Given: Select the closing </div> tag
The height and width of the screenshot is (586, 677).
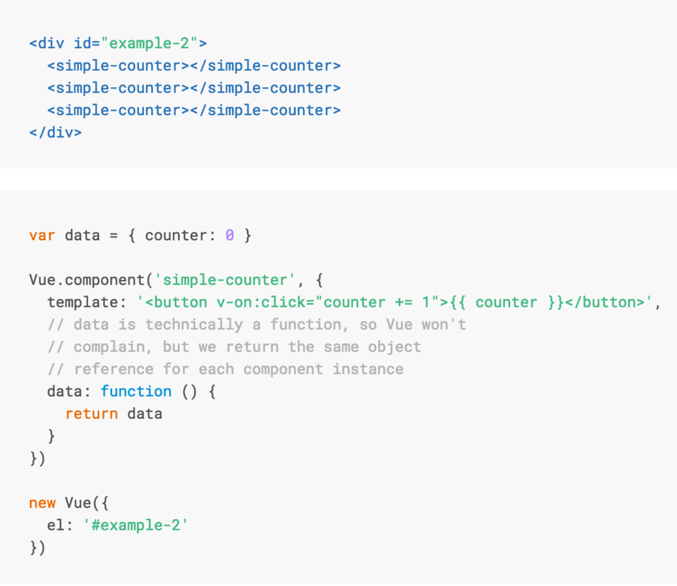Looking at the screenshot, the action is pyautogui.click(x=55, y=132).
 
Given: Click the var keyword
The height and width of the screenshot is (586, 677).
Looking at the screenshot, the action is pyautogui.click(x=42, y=235).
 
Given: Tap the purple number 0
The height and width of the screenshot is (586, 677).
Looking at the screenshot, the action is pyautogui.click(x=229, y=235).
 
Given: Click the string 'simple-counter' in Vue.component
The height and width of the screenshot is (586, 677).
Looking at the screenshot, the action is pyautogui.click(x=225, y=280).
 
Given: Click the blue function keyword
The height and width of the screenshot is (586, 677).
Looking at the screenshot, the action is pyautogui.click(x=136, y=391).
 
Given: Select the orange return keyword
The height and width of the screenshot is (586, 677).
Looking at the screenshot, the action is pyautogui.click(x=91, y=413).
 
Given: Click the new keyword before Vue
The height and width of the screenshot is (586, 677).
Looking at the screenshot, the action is pyautogui.click(x=42, y=503).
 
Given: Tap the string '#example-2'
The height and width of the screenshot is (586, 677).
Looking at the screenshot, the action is pyautogui.click(x=136, y=525).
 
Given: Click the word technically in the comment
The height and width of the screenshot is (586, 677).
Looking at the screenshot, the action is pyautogui.click(x=194, y=324).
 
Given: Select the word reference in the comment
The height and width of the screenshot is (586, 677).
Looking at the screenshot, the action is pyautogui.click(x=113, y=369).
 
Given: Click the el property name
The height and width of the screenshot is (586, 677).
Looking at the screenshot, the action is pyautogui.click(x=55, y=525).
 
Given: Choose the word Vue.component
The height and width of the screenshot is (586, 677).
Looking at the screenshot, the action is pyautogui.click(x=87, y=280).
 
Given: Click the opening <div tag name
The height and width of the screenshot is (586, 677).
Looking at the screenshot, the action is pyautogui.click(x=46, y=44).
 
